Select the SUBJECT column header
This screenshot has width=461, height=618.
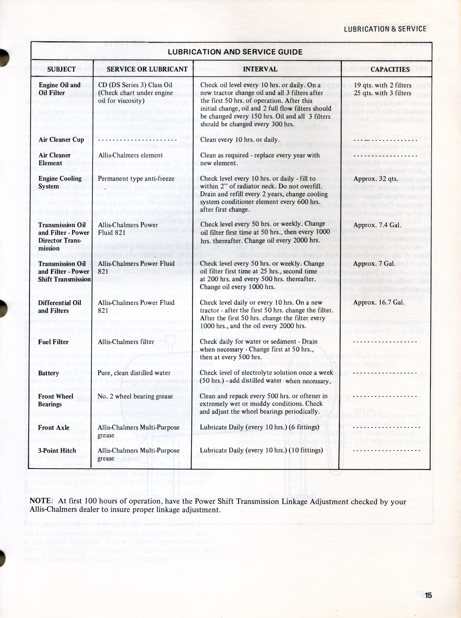click(x=62, y=69)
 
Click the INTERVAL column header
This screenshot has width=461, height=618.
click(x=260, y=69)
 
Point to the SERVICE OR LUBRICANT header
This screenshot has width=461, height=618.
click(x=147, y=69)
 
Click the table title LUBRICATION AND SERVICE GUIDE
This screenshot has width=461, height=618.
click(x=235, y=52)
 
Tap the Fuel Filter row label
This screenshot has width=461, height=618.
click(x=53, y=342)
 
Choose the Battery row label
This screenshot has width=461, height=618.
click(x=48, y=373)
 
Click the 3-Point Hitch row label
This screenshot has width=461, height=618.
click(x=57, y=451)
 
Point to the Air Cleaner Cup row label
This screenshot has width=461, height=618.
click(x=61, y=140)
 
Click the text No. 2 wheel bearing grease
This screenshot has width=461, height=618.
click(x=135, y=396)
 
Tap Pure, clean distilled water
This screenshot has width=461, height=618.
click(x=134, y=373)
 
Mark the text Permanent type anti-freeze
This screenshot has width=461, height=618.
click(x=136, y=179)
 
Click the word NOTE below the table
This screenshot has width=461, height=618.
click(x=41, y=501)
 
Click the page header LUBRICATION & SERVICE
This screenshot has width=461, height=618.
click(x=385, y=29)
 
